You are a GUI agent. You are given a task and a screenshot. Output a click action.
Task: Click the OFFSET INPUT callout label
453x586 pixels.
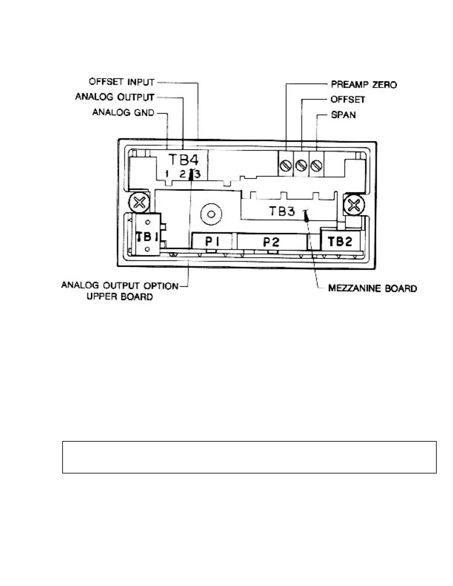click(x=121, y=82)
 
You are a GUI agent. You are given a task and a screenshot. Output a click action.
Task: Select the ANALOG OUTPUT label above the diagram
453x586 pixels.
click(x=115, y=97)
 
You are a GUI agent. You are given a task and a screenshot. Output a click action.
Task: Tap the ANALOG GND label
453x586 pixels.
click(x=123, y=112)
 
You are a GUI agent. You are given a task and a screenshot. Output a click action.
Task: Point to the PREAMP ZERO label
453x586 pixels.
click(x=363, y=85)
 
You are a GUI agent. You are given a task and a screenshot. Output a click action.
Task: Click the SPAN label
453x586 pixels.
click(x=343, y=115)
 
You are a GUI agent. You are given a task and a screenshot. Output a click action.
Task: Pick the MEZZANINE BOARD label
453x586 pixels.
click(x=372, y=288)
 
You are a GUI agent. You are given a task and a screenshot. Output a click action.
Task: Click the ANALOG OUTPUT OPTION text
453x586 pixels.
click(x=120, y=286)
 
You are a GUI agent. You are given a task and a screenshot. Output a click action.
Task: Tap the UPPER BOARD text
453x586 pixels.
click(x=120, y=297)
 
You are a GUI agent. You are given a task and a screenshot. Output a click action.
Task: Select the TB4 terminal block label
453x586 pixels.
click(x=183, y=160)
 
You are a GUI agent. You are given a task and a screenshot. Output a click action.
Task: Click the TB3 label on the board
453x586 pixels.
click(x=282, y=211)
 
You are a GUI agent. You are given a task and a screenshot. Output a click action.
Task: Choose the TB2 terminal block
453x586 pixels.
click(x=340, y=242)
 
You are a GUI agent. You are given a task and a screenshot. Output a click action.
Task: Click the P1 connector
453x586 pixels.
click(x=212, y=242)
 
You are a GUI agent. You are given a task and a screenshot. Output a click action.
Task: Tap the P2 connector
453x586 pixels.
click(x=271, y=242)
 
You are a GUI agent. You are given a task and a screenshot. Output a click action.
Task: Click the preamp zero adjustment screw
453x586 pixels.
click(x=285, y=165)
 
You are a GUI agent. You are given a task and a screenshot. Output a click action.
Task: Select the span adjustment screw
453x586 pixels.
click(x=316, y=165)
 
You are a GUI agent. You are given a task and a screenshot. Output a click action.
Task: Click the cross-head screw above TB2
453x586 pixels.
click(x=354, y=205)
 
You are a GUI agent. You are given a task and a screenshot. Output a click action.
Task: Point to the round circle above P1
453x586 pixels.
click(x=211, y=214)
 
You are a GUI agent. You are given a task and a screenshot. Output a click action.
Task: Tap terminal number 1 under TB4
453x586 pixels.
click(x=167, y=174)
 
